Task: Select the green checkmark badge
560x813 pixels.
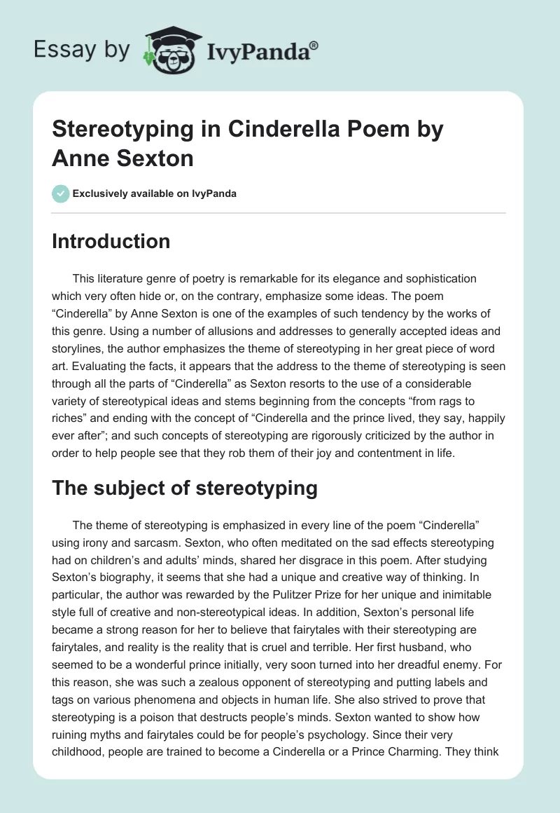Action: click(x=60, y=193)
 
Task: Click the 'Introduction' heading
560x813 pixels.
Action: click(x=111, y=241)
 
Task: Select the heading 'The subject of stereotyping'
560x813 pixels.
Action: click(x=185, y=488)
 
